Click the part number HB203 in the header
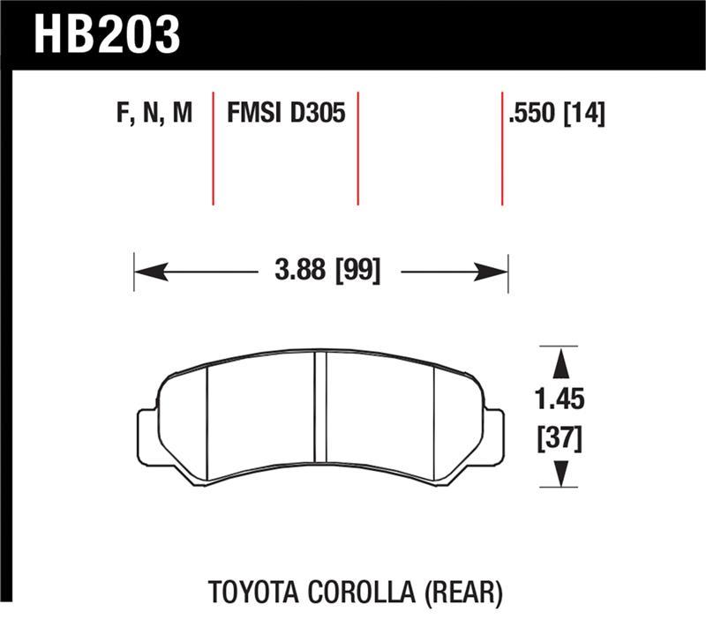[x=107, y=35]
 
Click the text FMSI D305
[x=285, y=115]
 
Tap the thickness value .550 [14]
[x=557, y=115]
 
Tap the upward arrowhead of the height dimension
[x=558, y=362]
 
